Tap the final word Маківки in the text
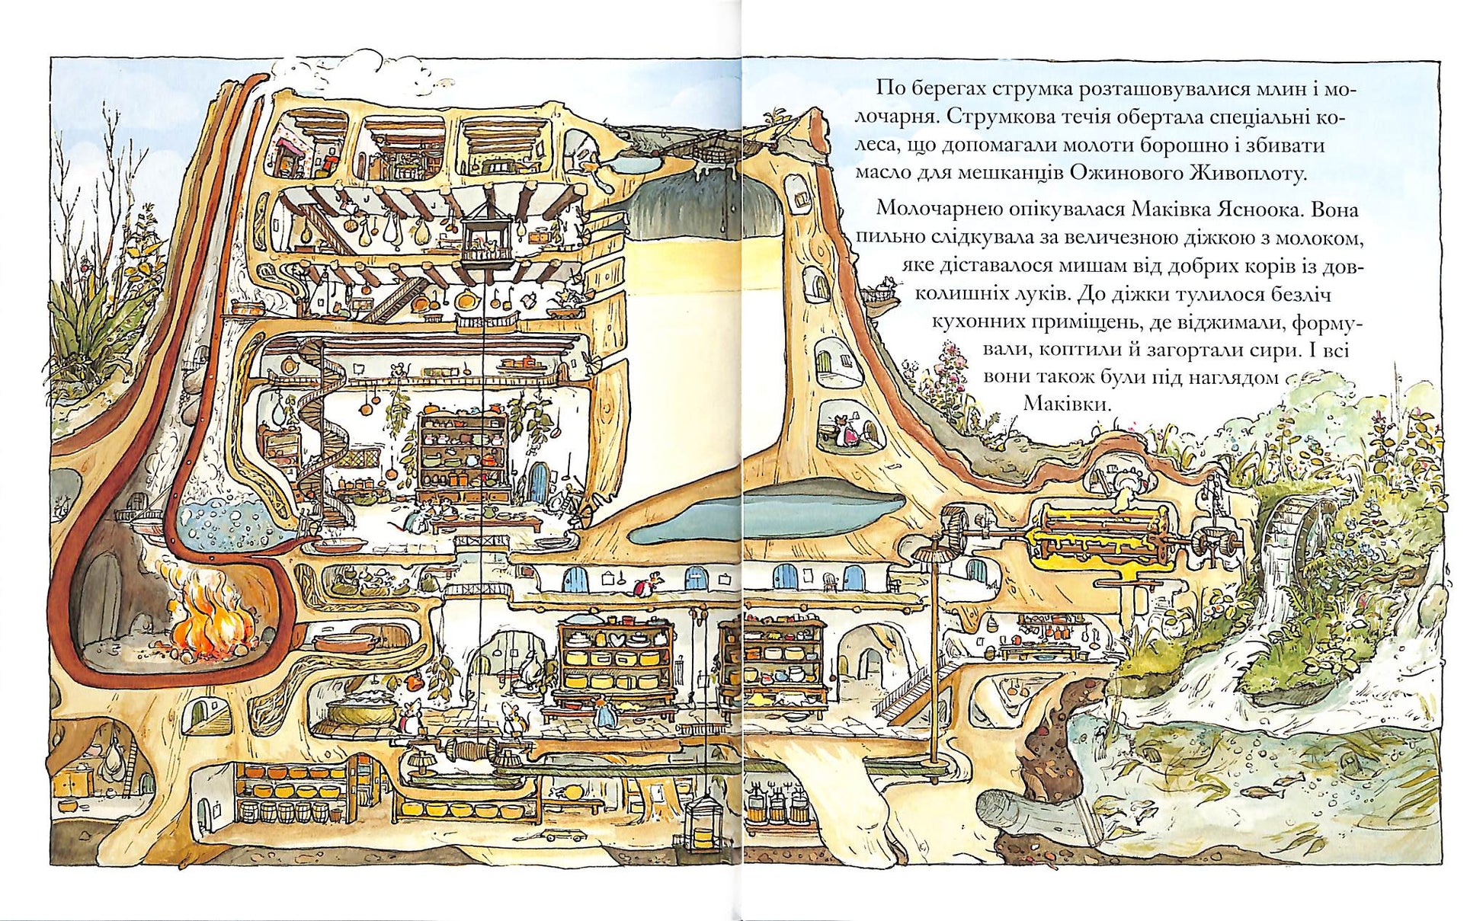point(1065,404)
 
